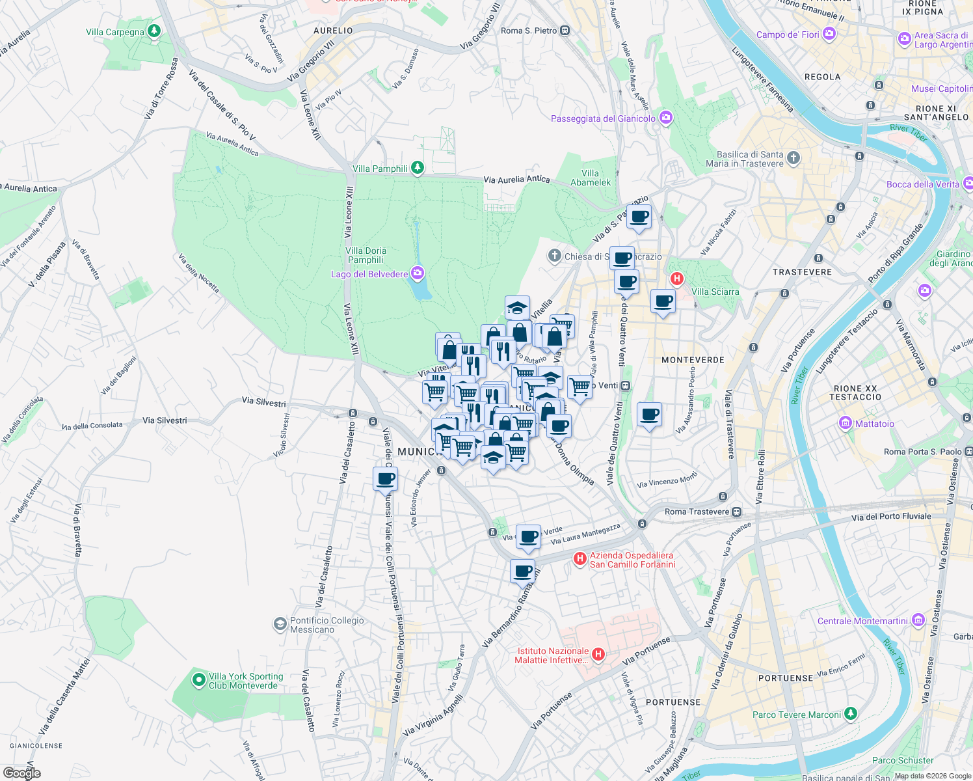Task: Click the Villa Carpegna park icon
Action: (154, 31)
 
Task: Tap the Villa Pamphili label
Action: (380, 169)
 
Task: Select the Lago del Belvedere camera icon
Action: (418, 273)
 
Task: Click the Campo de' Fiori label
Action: (788, 34)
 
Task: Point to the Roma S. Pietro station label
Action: (529, 31)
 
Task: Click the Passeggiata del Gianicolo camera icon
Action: (665, 118)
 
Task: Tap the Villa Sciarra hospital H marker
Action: (677, 279)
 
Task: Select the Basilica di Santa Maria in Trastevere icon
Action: (793, 158)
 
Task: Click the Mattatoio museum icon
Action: (846, 424)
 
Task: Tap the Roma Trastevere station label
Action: (697, 512)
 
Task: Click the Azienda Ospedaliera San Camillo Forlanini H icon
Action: (580, 558)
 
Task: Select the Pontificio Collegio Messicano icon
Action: (280, 625)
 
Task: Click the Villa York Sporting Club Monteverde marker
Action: (198, 681)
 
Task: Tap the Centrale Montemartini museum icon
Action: (918, 620)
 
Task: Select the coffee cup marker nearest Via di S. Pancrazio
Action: (639, 217)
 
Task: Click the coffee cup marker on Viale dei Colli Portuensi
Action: (385, 480)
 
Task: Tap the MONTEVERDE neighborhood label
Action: (693, 360)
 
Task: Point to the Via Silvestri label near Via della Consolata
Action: (165, 420)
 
